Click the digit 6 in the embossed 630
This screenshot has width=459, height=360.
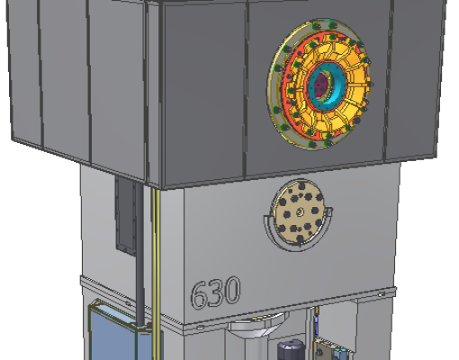coord(199,295)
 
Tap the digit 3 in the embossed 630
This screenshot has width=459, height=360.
coord(216,292)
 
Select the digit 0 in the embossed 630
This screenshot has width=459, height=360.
coord(232,290)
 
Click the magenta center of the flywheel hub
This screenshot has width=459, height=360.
coord(322,83)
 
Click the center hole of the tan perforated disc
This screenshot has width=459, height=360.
coord(300,212)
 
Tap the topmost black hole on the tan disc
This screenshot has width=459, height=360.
coord(301,186)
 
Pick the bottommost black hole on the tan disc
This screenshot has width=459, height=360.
coord(300,239)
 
